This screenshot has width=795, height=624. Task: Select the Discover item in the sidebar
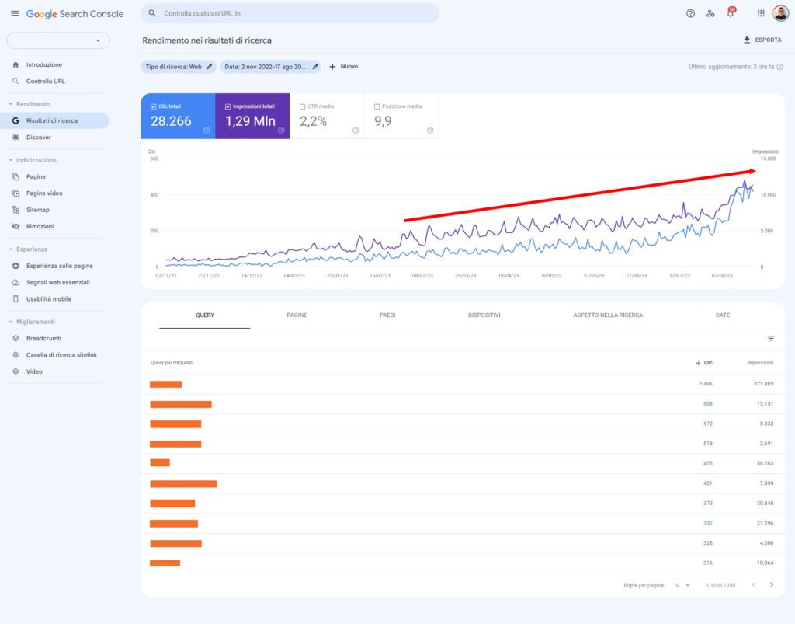(x=38, y=138)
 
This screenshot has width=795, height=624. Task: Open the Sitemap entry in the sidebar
(x=37, y=210)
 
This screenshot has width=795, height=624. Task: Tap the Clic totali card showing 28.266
(x=178, y=117)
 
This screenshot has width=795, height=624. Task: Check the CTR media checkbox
(x=302, y=106)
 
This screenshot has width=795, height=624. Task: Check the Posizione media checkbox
(x=377, y=106)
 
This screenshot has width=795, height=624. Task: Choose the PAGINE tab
(x=297, y=315)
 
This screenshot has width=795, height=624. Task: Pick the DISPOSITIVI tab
(x=484, y=315)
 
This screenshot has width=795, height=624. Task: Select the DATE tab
(x=722, y=315)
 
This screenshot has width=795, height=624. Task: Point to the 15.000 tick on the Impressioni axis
(x=767, y=159)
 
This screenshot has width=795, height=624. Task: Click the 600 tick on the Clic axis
(x=153, y=159)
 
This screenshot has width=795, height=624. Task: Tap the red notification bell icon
(x=730, y=13)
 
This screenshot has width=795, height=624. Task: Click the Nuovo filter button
(x=343, y=67)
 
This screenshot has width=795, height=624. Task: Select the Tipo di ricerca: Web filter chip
(x=179, y=67)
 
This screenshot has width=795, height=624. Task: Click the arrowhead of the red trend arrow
(x=752, y=171)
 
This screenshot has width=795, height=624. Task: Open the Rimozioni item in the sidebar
(x=40, y=226)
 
